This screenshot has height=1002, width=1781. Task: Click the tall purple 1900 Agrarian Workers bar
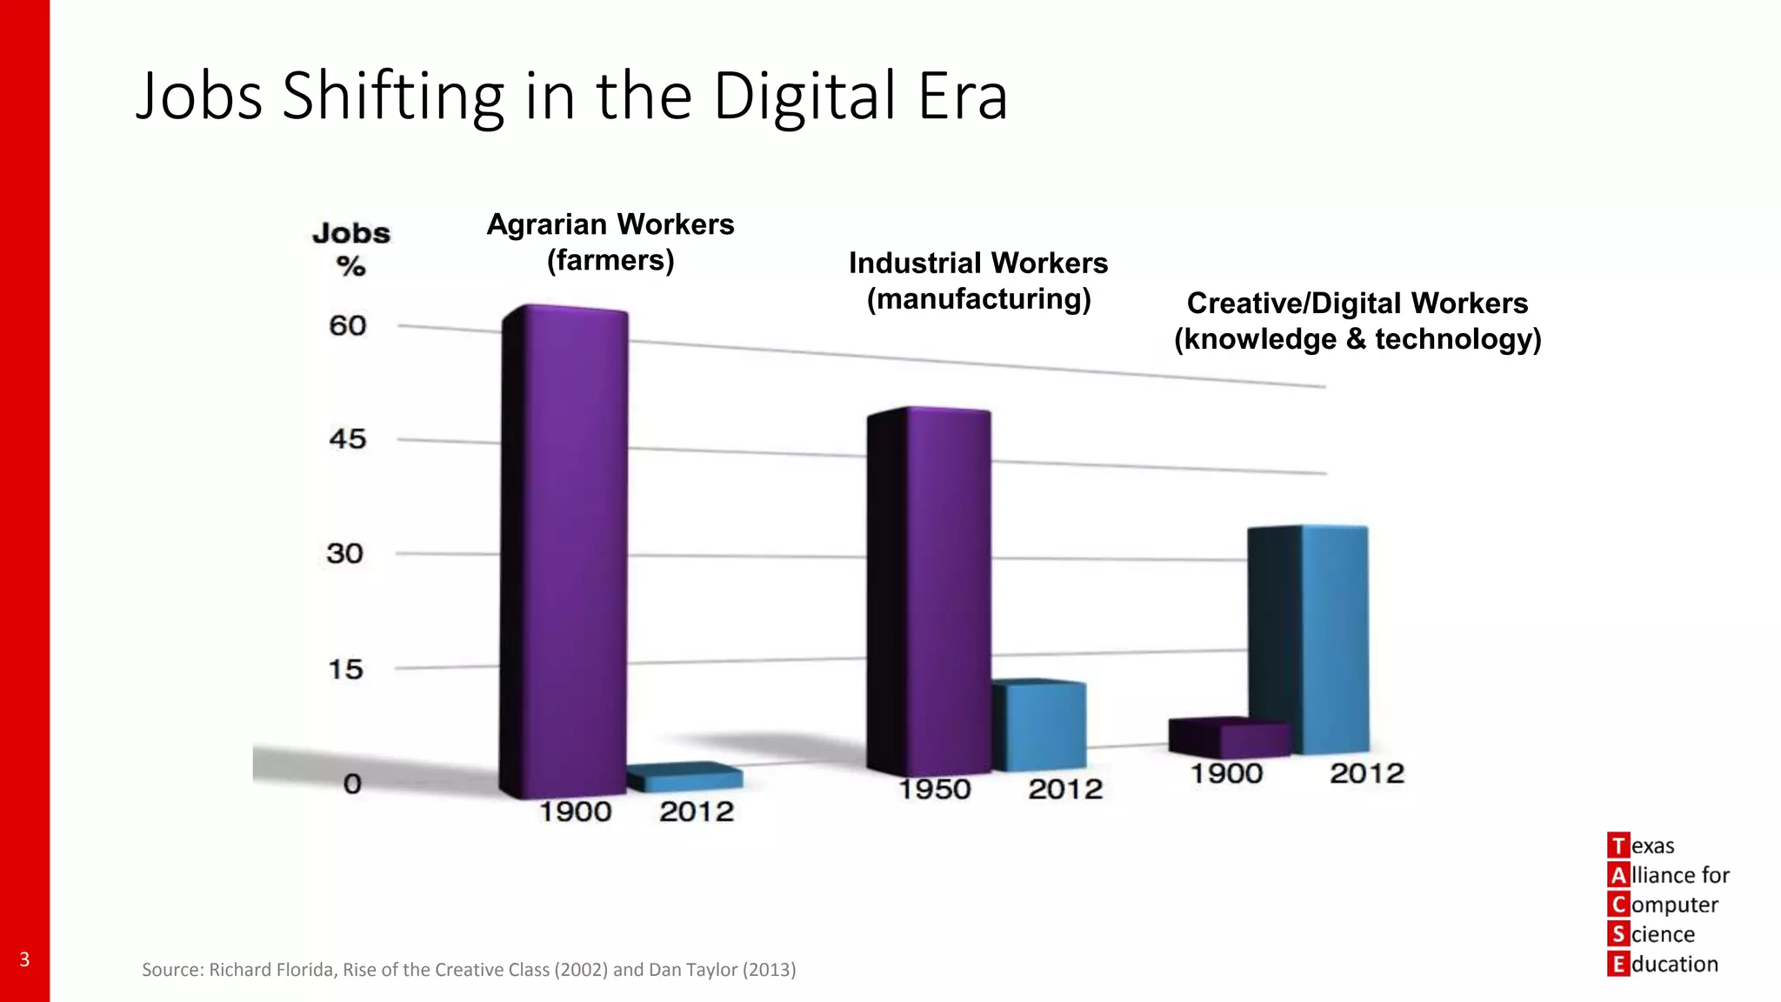[x=574, y=548]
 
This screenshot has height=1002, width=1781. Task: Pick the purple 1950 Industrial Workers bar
[x=948, y=591]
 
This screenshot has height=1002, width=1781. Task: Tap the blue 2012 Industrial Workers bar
[x=1040, y=726]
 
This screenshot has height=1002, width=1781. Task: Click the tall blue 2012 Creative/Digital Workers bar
[x=1334, y=639]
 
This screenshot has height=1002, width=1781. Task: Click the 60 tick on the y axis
[x=347, y=326]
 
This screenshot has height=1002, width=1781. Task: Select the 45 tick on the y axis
[x=347, y=439]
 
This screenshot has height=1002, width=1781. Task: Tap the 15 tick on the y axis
[x=345, y=670]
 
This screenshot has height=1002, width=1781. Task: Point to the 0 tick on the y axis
[x=352, y=784]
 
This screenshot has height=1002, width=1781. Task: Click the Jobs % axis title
[x=351, y=249]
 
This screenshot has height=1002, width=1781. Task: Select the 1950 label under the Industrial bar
[x=934, y=789]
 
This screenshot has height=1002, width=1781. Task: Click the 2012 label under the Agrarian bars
[x=697, y=812]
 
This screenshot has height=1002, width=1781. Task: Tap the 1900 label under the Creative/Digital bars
[x=1226, y=773]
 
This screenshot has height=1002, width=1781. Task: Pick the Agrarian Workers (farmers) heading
[x=610, y=242]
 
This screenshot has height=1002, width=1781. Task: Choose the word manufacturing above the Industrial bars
[x=978, y=299]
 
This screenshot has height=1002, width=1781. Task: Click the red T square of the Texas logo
[x=1618, y=845]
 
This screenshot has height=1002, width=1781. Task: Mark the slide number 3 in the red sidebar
[x=24, y=959]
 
